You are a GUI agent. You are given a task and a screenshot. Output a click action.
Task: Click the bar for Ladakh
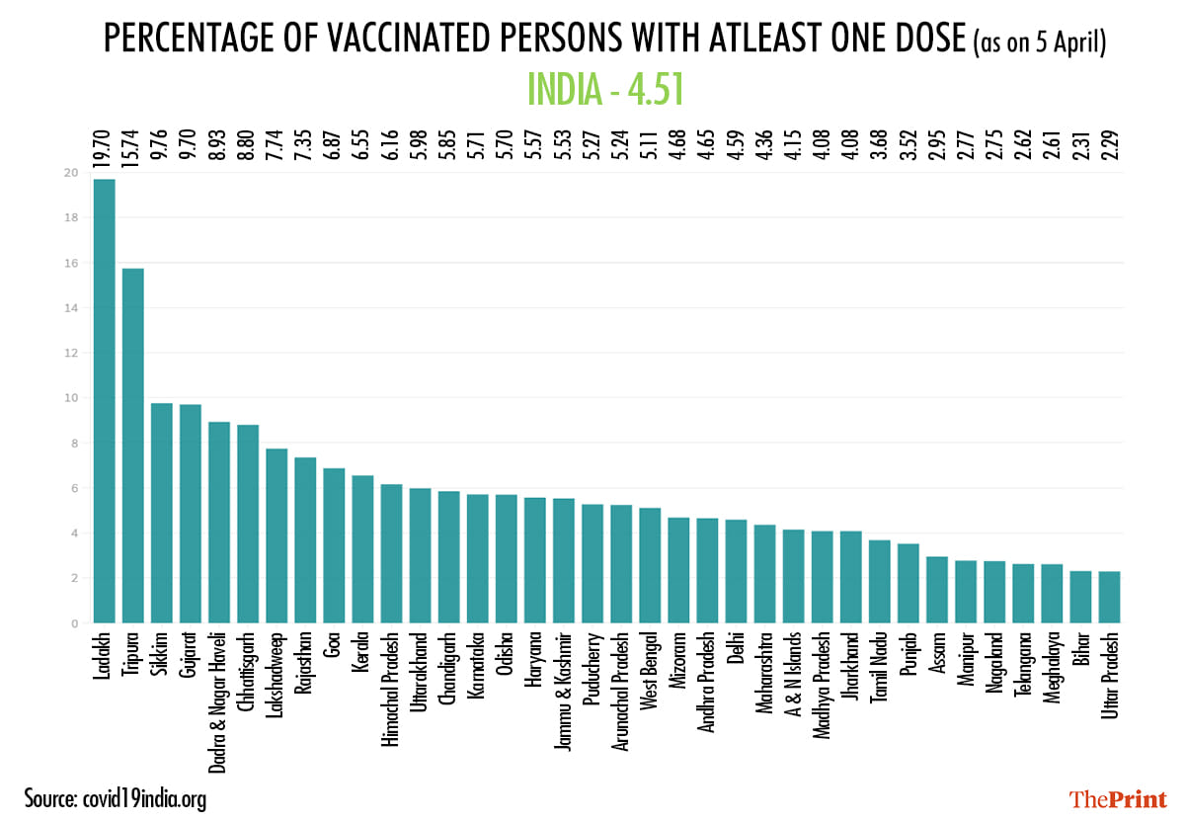[x=104, y=400]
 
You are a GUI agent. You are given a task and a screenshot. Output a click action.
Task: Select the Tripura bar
[x=132, y=445]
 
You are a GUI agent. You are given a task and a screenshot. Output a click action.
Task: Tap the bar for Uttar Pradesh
[x=1110, y=597]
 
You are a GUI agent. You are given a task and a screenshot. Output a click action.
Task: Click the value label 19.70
[x=104, y=141]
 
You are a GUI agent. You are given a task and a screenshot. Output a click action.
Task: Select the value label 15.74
[x=132, y=141]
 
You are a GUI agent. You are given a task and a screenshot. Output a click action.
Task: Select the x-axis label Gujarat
[x=191, y=656]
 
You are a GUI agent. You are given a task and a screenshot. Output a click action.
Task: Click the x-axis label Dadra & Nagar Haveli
[x=219, y=700]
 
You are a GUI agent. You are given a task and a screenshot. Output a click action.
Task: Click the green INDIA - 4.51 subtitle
[x=605, y=90]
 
